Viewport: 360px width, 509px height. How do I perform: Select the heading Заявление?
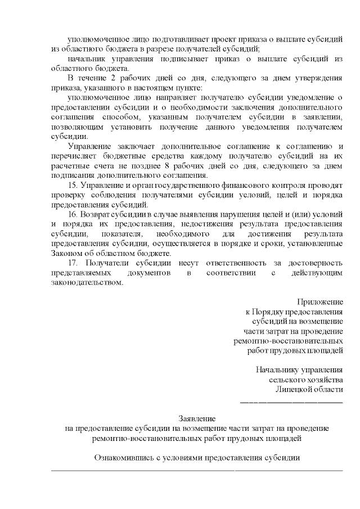196,418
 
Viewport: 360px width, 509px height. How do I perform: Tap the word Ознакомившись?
123,457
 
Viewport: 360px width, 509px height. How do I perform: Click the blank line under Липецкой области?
291,402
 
